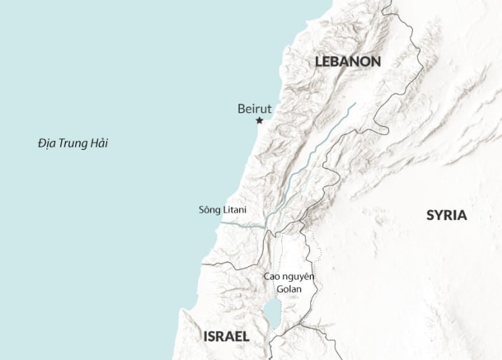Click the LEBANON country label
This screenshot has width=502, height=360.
pyautogui.click(x=348, y=62)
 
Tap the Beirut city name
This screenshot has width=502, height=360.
pyautogui.click(x=255, y=109)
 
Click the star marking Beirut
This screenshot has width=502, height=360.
pyautogui.click(x=259, y=121)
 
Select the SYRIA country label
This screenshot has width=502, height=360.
pyautogui.click(x=447, y=215)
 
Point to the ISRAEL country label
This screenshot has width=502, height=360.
pyautogui.click(x=226, y=336)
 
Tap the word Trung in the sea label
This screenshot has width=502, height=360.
pyautogui.click(x=74, y=143)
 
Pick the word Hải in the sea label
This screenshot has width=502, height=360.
pyautogui.click(x=98, y=143)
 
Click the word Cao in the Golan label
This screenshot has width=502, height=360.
pyautogui.click(x=272, y=277)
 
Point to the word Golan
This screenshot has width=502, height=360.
pyautogui.click(x=289, y=289)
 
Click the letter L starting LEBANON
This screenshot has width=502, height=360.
pyautogui.click(x=319, y=62)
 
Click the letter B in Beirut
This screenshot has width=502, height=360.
pyautogui.click(x=241, y=109)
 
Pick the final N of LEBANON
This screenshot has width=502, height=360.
pyautogui.click(x=376, y=62)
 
